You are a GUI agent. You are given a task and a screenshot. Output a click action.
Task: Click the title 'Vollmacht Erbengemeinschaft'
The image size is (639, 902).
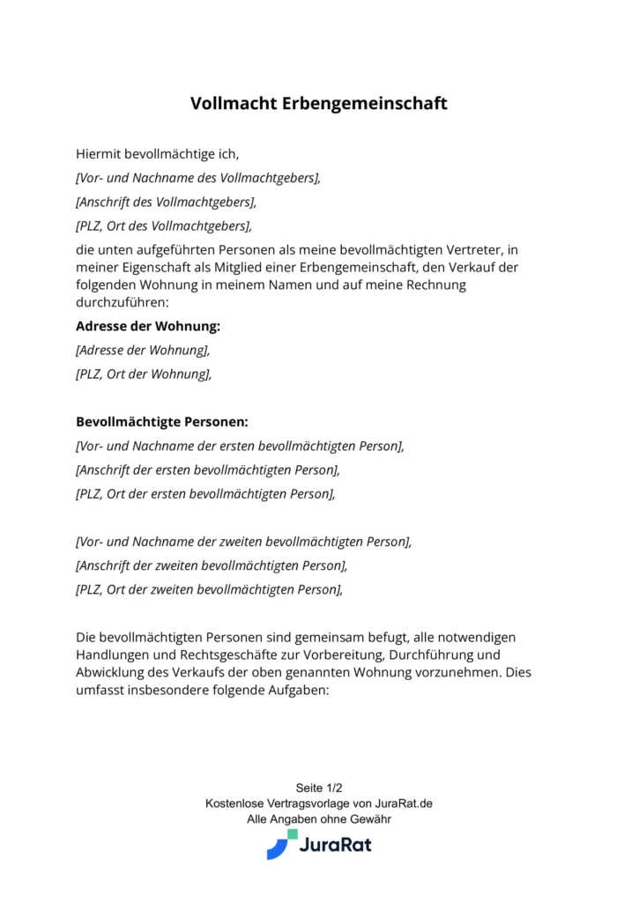pos(319,104)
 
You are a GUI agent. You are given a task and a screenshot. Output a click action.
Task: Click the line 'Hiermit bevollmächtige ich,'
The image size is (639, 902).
pos(158,153)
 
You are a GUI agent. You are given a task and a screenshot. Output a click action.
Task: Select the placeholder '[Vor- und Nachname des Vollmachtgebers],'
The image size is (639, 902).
pos(198,177)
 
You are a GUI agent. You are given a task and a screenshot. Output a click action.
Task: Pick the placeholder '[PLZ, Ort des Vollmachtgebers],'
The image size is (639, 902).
pos(164,225)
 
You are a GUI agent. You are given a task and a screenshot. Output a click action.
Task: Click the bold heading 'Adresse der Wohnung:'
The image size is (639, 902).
pos(148,326)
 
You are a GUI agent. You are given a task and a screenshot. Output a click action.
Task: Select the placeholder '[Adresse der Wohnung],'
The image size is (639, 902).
pos(144,350)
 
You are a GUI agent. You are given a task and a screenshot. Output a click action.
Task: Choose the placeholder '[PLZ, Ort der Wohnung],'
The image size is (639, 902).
pos(145,373)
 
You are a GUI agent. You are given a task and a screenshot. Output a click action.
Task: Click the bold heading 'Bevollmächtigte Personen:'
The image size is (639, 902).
pos(162,422)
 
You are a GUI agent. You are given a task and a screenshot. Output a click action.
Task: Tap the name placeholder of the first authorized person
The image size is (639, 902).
pos(240,446)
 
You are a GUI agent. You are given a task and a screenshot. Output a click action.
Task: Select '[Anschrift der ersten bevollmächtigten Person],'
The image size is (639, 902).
pos(208,469)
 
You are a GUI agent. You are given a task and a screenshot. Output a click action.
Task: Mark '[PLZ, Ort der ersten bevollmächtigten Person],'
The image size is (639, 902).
pos(206,493)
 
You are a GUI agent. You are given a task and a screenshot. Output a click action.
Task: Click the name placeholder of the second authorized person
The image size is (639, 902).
pos(244,542)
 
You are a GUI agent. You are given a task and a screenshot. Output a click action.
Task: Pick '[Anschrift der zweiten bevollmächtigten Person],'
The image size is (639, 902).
pos(212,566)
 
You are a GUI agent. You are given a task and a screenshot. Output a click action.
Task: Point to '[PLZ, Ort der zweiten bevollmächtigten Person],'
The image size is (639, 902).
pos(210,589)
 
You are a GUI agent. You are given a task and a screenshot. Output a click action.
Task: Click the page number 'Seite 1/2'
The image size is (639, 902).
pos(319,788)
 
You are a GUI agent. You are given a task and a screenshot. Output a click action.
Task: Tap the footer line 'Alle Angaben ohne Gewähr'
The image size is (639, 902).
pos(319,819)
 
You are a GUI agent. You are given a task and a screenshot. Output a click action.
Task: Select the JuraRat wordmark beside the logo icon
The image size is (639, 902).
pos(335,846)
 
